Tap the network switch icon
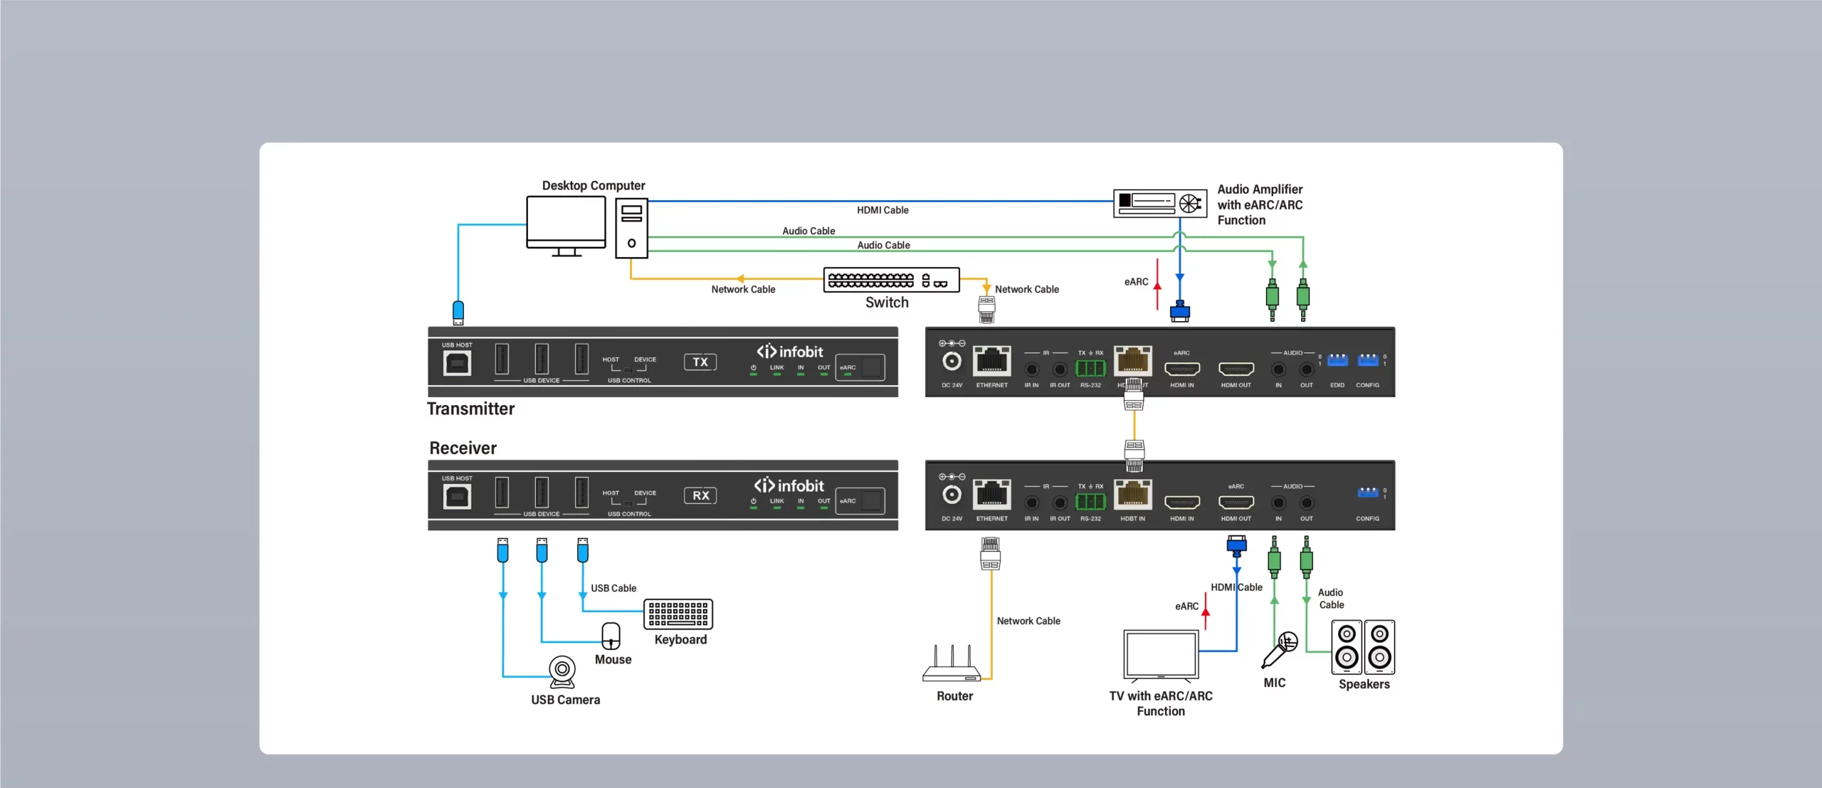(x=891, y=280)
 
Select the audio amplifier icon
(x=1159, y=203)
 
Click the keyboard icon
(x=678, y=614)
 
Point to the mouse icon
(x=611, y=636)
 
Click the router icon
(x=952, y=665)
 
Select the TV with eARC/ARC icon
(x=1161, y=654)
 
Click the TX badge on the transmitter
(x=700, y=362)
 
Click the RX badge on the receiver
(x=700, y=495)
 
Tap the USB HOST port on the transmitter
(x=457, y=363)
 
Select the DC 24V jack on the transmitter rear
(x=952, y=362)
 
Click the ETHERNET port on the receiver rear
(x=991, y=495)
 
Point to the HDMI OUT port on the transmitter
(x=1236, y=369)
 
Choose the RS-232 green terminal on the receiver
(x=1090, y=502)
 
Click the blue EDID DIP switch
(x=1337, y=360)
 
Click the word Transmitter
(x=470, y=409)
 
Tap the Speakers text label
(x=1364, y=684)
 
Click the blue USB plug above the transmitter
(x=458, y=312)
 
